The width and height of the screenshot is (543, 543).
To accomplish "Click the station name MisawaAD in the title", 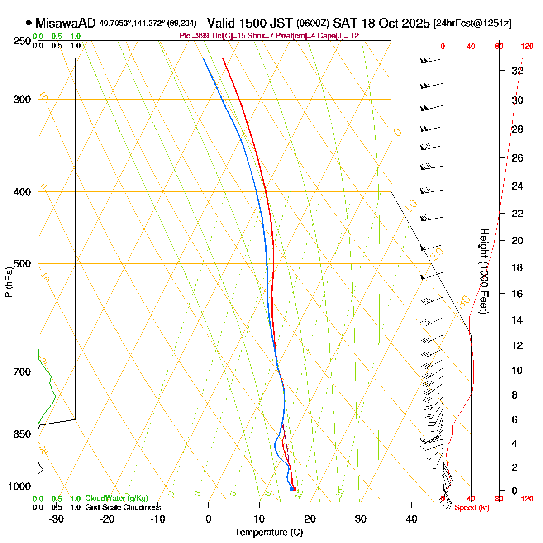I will pyautogui.click(x=66, y=23).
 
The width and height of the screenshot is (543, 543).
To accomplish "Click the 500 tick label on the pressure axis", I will pyautogui.click(x=22, y=264).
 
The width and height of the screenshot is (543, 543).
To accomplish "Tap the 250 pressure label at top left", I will pyautogui.click(x=22, y=42).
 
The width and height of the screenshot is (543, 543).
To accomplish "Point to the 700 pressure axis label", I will pyautogui.click(x=22, y=372).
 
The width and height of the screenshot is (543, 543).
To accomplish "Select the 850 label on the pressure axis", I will pyautogui.click(x=22, y=434).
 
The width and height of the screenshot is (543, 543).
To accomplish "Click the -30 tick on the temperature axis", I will pyautogui.click(x=56, y=519).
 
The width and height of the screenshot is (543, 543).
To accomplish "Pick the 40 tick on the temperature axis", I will pyautogui.click(x=411, y=519).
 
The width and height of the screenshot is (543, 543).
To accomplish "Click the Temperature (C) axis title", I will pyautogui.click(x=269, y=532).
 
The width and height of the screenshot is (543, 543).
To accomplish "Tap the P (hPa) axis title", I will pyautogui.click(x=9, y=282).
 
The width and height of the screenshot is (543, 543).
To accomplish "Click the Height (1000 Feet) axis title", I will pyautogui.click(x=484, y=271).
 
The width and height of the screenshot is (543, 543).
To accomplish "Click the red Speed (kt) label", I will pyautogui.click(x=472, y=508).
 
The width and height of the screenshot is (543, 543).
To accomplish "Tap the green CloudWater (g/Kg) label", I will pyautogui.click(x=116, y=499).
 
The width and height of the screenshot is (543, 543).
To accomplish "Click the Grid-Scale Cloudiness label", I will pyautogui.click(x=123, y=508).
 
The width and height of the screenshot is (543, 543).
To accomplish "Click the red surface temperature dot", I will pyautogui.click(x=294, y=489).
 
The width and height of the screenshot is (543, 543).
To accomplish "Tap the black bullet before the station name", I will pyautogui.click(x=29, y=23).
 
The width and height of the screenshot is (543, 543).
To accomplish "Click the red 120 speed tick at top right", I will pyautogui.click(x=527, y=46).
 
